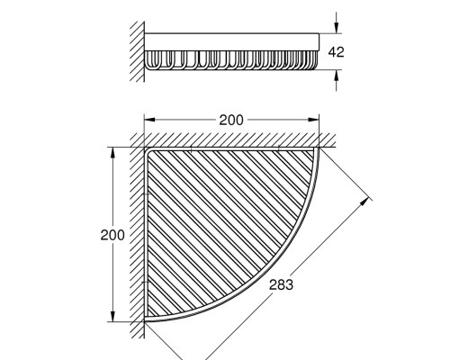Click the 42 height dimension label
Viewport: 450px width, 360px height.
coord(336,52)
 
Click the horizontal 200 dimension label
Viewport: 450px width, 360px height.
coord(231,121)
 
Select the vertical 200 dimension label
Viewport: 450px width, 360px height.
coord(112,235)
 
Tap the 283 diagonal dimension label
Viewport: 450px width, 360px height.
coord(281,284)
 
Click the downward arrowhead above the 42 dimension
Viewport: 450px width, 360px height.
coord(337,28)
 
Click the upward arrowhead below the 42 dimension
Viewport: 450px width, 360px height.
coord(337,76)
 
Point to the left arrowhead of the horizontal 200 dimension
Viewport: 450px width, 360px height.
coord(149,120)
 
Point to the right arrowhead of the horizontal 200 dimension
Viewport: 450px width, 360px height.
coord(313,120)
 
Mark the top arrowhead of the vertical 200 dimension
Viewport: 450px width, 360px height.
coord(112,153)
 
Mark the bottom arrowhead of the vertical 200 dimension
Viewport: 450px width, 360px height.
coord(112,316)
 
